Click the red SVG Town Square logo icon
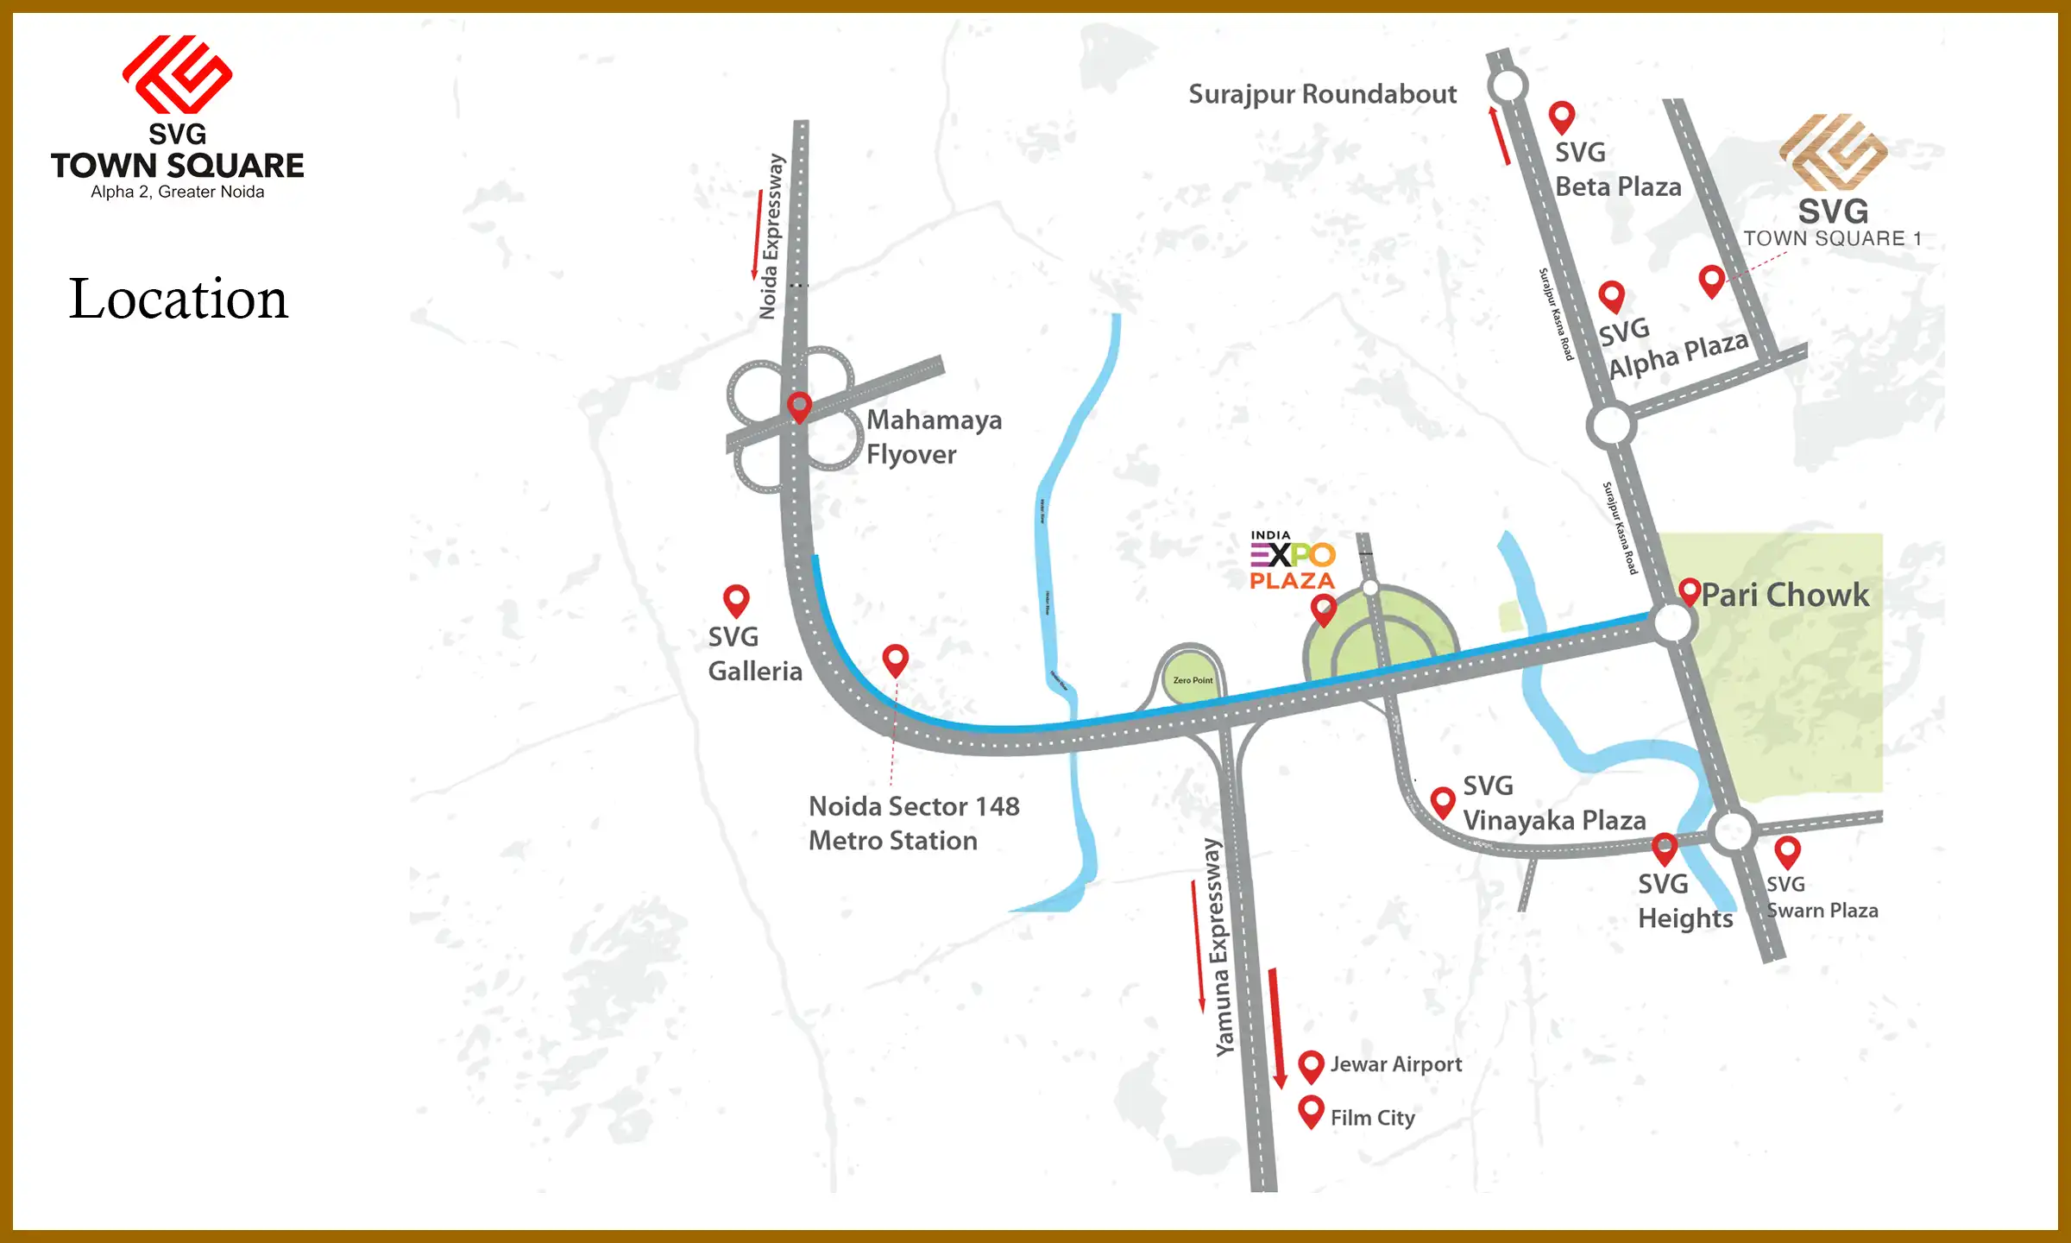pyautogui.click(x=177, y=74)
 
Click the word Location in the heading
pyautogui.click(x=178, y=299)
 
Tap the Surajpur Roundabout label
pyautogui.click(x=1322, y=94)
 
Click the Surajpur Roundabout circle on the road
pyautogui.click(x=1508, y=85)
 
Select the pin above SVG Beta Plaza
pyautogui.click(x=1562, y=117)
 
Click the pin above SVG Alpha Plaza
pyautogui.click(x=1611, y=296)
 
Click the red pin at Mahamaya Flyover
pyautogui.click(x=800, y=406)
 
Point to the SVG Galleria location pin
pyautogui.click(x=736, y=599)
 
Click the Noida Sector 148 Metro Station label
pyautogui.click(x=913, y=823)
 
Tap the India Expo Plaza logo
pyautogui.click(x=1293, y=561)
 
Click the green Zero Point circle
pyautogui.click(x=1192, y=679)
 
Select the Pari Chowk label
pyautogui.click(x=1785, y=595)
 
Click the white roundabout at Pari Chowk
pyautogui.click(x=1672, y=622)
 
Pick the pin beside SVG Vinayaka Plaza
pyautogui.click(x=1443, y=801)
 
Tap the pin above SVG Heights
pyautogui.click(x=1665, y=848)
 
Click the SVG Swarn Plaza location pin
pyautogui.click(x=1787, y=851)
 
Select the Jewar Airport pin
pyautogui.click(x=1312, y=1065)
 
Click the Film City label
pyautogui.click(x=1372, y=1118)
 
